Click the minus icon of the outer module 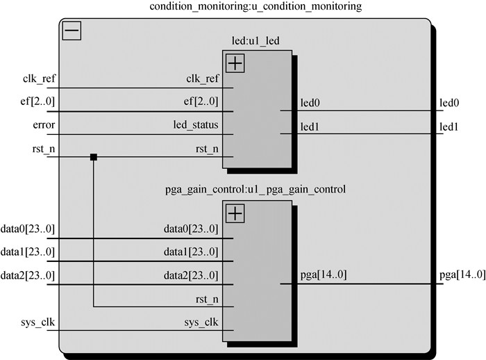72,31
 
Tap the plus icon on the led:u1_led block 235,63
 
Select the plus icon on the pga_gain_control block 235,213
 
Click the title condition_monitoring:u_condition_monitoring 247,7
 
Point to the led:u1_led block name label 258,41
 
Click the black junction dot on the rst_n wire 93,157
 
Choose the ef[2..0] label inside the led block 202,101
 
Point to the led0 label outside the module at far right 449,103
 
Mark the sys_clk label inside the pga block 201,322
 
